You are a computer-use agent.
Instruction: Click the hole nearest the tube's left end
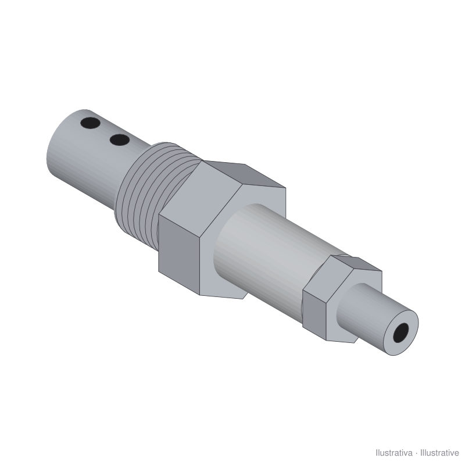90,123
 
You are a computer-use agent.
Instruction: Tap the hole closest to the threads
120,140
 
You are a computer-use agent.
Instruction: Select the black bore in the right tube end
400,332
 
